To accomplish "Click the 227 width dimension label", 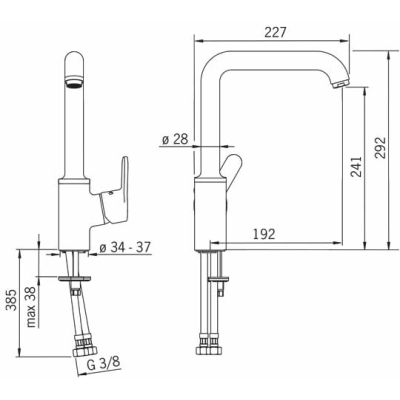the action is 275,32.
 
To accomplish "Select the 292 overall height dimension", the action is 380,148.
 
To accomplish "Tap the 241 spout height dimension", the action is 356,167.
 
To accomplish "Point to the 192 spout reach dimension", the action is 264,234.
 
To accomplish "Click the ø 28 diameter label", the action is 175,139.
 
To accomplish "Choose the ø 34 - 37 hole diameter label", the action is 125,247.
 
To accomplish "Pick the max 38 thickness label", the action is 32,307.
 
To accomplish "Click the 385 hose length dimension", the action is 12,300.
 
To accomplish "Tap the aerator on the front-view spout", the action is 74,82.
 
